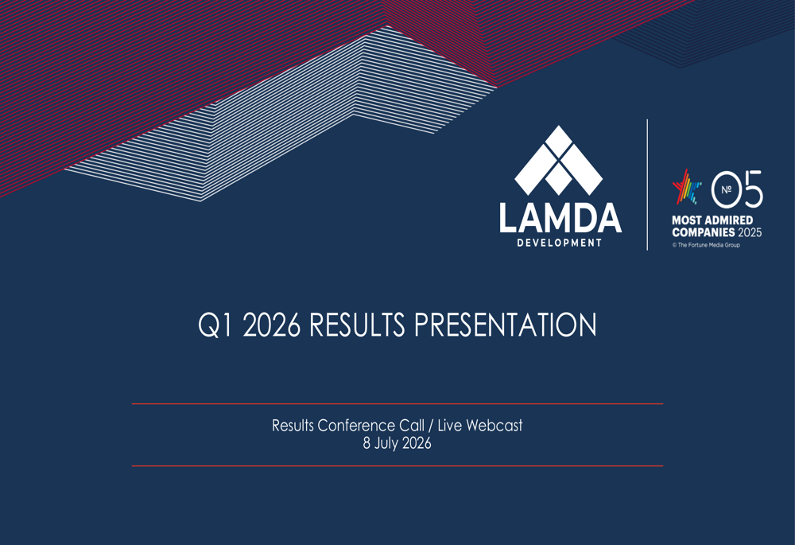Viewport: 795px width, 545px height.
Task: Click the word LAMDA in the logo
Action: point(560,218)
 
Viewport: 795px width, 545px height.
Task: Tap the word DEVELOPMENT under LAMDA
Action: point(559,243)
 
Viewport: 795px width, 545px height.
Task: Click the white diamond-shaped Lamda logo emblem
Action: point(559,161)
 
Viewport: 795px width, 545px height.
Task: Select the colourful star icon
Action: point(687,187)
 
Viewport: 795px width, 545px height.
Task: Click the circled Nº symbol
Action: point(727,189)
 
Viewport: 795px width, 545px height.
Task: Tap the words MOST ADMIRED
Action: point(712,220)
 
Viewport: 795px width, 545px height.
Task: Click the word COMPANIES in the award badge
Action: point(704,232)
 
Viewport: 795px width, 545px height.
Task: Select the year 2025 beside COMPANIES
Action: point(750,232)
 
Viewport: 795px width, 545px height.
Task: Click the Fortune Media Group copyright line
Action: point(706,245)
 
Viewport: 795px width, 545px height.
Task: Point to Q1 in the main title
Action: point(215,325)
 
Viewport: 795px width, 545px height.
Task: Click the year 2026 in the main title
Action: point(272,325)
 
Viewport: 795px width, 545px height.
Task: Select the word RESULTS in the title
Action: point(357,325)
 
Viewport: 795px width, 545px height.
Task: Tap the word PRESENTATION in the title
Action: point(506,325)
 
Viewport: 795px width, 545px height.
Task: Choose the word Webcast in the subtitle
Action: point(494,425)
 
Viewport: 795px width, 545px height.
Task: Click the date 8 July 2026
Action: point(397,443)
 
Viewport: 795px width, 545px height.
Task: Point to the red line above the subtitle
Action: point(397,404)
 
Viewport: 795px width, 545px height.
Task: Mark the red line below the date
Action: point(397,466)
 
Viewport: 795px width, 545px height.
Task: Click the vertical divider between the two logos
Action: point(647,185)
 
